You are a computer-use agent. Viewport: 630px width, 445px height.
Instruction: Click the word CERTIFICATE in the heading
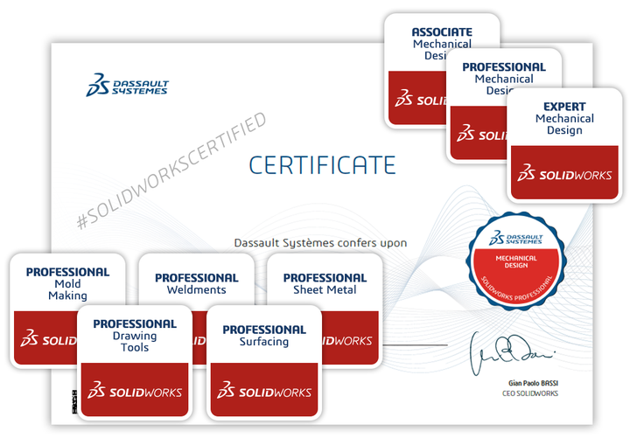click(322, 164)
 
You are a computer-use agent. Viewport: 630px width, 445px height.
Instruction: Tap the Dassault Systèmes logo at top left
click(128, 85)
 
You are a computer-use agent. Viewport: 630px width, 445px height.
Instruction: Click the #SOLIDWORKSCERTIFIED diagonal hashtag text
click(171, 171)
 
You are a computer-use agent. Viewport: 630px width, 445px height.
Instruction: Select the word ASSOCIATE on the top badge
click(442, 32)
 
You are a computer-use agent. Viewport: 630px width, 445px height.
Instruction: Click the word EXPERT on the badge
click(564, 107)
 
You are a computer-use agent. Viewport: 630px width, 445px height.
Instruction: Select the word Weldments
click(196, 290)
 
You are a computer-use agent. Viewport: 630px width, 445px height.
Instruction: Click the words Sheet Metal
click(325, 290)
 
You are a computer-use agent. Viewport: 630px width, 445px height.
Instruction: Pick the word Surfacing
click(263, 342)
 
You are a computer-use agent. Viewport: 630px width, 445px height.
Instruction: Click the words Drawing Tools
click(135, 342)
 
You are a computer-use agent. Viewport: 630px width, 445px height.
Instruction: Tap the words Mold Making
click(67, 290)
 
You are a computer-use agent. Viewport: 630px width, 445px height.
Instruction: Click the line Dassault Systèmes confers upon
click(320, 242)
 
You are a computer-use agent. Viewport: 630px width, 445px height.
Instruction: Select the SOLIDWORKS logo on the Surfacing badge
click(264, 392)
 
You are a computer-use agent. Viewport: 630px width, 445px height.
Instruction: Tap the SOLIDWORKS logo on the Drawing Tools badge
click(135, 391)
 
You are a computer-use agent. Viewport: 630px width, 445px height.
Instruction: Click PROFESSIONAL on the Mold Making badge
click(67, 272)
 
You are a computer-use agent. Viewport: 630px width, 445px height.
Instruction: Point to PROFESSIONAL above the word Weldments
click(196, 278)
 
